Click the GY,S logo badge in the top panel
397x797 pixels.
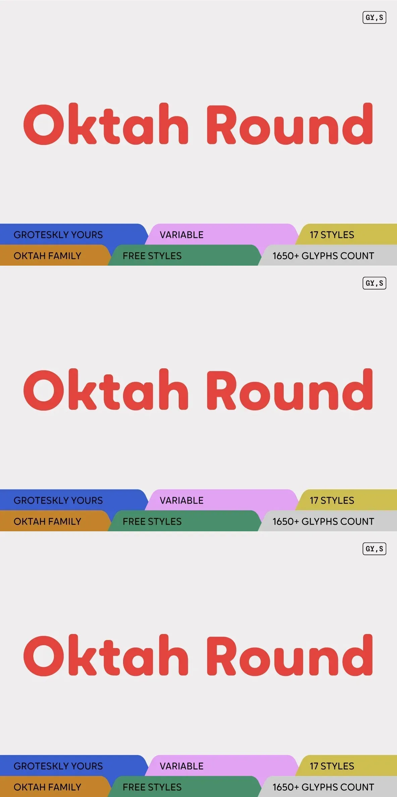point(374,17)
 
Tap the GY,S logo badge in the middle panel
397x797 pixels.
point(374,283)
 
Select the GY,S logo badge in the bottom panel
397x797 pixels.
point(374,549)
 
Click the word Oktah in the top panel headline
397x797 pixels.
point(106,124)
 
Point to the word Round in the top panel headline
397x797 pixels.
point(290,124)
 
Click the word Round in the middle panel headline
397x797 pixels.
point(290,389)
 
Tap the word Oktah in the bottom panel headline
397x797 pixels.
point(106,655)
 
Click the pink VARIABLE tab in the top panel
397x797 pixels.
point(222,234)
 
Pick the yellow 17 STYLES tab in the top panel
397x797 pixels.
point(347,234)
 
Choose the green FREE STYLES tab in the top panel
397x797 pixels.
point(184,255)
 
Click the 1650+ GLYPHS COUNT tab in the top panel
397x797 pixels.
point(328,255)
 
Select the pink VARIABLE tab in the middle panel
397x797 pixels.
point(222,500)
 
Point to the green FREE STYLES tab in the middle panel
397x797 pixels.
point(184,521)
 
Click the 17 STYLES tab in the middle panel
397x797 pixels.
point(347,500)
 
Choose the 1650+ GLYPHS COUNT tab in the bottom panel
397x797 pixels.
point(328,787)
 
